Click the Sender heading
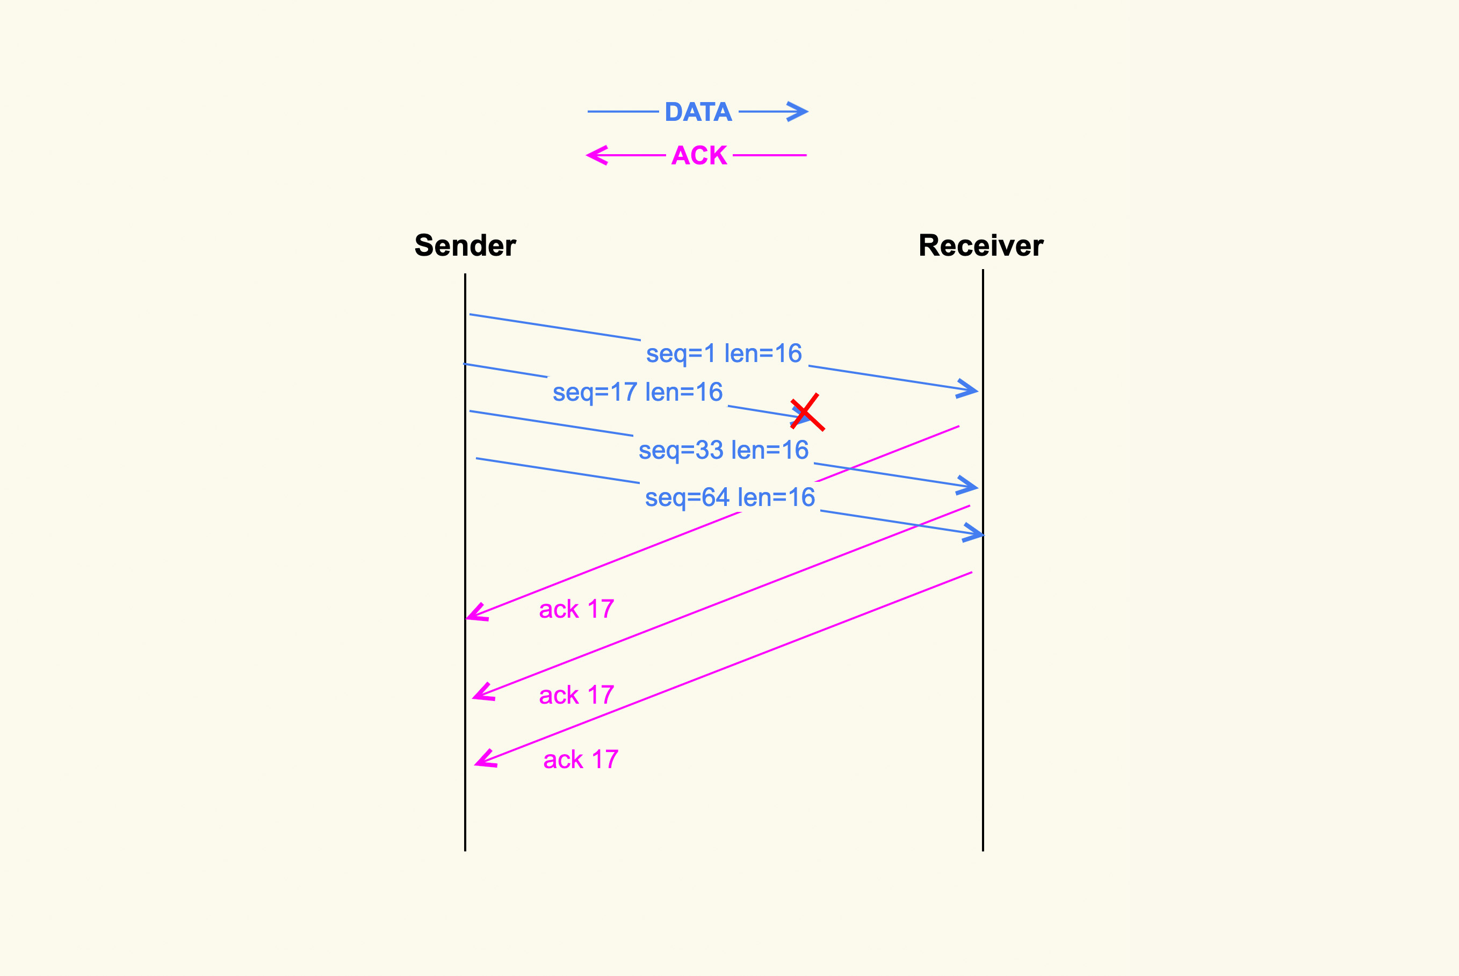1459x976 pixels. pyautogui.click(x=465, y=245)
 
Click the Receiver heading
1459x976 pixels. pyautogui.click(x=980, y=245)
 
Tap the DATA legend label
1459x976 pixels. pyautogui.click(x=698, y=112)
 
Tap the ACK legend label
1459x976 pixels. pyautogui.click(x=699, y=155)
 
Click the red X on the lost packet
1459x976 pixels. pyautogui.click(x=807, y=412)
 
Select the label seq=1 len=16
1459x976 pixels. pyautogui.click(x=724, y=353)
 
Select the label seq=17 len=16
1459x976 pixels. pyautogui.click(x=638, y=392)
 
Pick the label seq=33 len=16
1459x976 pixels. pyautogui.click(x=723, y=450)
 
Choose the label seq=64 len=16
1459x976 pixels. pyautogui.click(x=729, y=497)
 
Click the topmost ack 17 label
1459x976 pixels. pyautogui.click(x=576, y=609)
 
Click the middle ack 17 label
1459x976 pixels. pyautogui.click(x=576, y=695)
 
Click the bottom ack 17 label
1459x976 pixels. pyautogui.click(x=581, y=760)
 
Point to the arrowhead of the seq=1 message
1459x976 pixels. pyautogui.click(x=971, y=389)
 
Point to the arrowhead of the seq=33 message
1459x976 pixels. pyautogui.click(x=971, y=487)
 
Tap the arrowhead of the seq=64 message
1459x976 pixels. pyautogui.click(x=976, y=533)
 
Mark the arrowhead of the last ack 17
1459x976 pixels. pyautogui.click(x=482, y=761)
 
